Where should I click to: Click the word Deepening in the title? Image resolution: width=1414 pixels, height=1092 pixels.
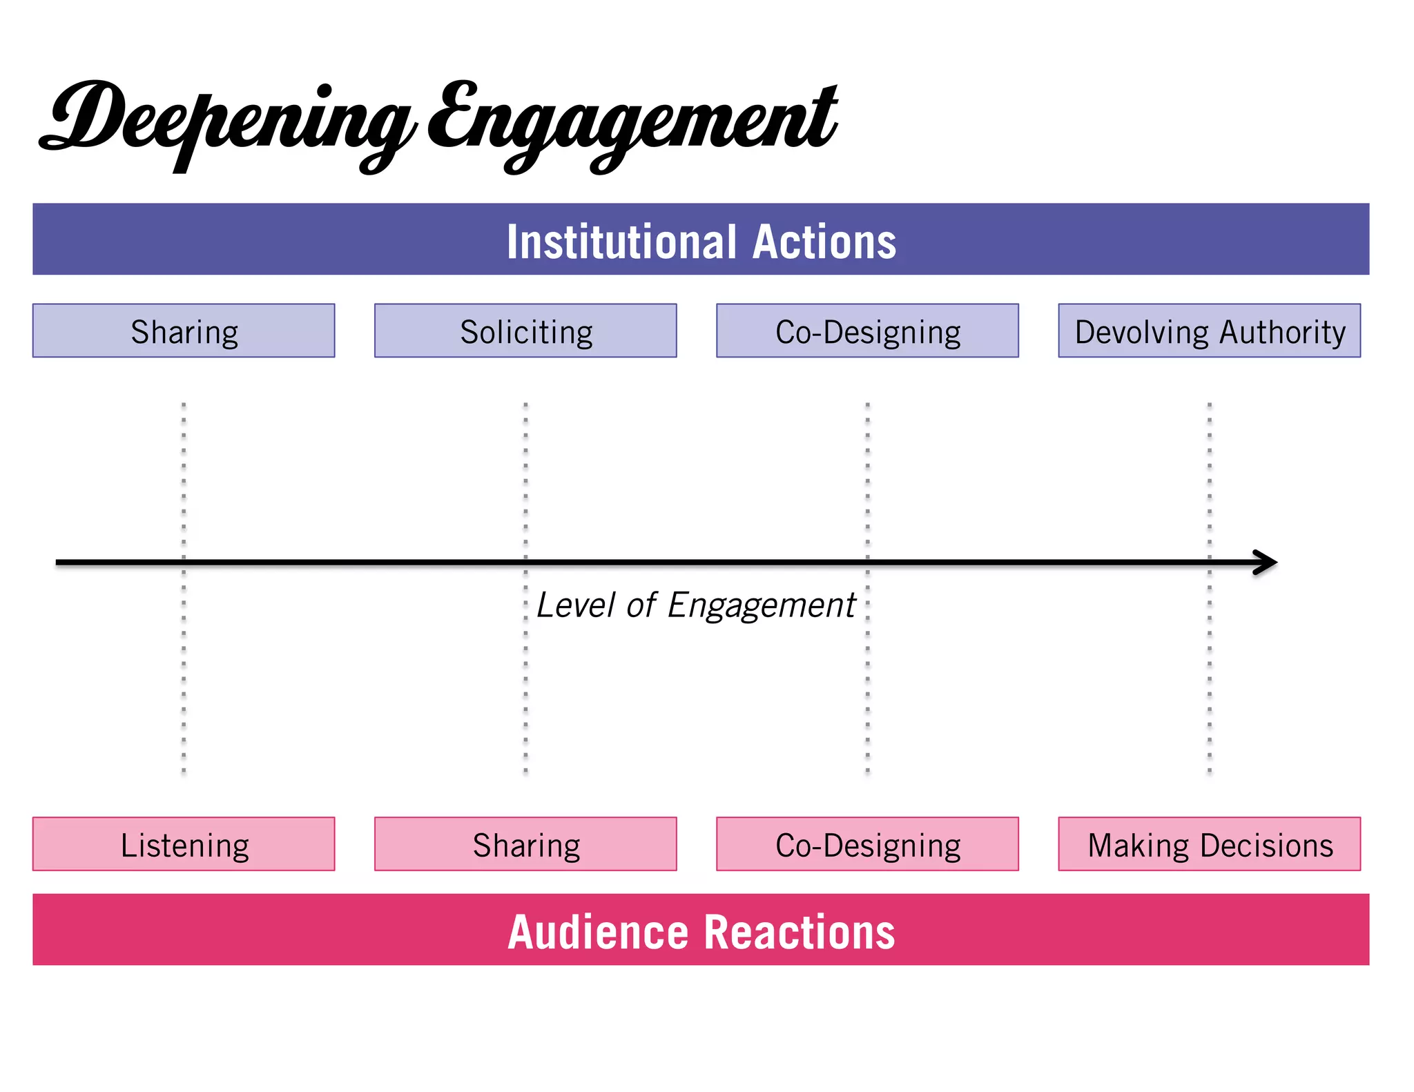228,121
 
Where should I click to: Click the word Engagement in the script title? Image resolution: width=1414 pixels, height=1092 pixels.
632,121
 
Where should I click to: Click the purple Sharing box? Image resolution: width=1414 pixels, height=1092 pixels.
184,331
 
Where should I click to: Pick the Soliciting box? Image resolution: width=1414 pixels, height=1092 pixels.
525,331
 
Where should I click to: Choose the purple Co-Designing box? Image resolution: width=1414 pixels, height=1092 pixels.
867,331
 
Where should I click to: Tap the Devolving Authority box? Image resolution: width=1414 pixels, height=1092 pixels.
1209,331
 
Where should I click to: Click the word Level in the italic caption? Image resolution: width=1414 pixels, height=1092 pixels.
575,605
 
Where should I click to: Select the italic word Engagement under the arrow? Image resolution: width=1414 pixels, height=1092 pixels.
762,605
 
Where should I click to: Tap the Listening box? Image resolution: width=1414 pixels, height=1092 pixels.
184,844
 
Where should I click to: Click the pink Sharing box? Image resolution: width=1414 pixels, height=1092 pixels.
525,844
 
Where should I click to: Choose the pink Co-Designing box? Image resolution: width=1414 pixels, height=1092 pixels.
867,844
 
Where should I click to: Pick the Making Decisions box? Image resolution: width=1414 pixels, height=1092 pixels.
1209,844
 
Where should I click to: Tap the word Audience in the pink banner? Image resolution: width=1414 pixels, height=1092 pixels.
598,932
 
